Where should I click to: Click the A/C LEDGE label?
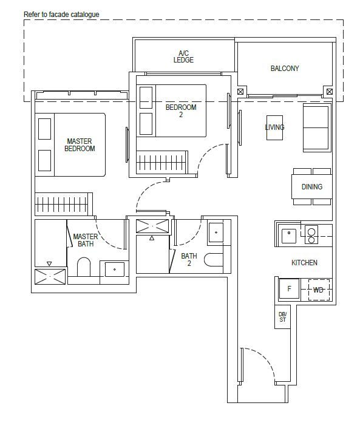[183, 56]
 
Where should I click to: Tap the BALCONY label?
[285, 68]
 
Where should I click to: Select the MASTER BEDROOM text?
[80, 145]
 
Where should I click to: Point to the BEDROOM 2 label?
[181, 110]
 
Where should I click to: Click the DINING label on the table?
[312, 186]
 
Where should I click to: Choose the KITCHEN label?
[304, 262]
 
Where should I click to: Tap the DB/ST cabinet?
[282, 317]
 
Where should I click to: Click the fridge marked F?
[289, 288]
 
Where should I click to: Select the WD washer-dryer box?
[319, 290]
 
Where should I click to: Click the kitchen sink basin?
[288, 236]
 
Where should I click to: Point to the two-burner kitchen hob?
[311, 235]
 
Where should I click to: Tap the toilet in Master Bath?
[84, 267]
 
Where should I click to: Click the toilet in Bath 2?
[214, 259]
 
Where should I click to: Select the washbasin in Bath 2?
[216, 232]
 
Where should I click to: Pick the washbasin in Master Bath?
[115, 270]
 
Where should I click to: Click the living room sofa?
[316, 127]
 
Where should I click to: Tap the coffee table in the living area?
[274, 127]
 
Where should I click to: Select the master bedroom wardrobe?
[64, 204]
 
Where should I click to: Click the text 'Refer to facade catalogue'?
[61, 15]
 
